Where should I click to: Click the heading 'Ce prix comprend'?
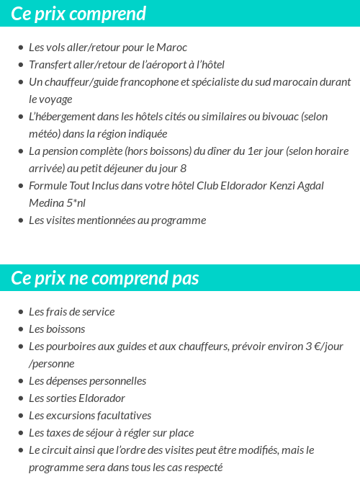[78, 14]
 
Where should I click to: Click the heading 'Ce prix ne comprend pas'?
[105, 278]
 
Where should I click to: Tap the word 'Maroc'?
[171, 48]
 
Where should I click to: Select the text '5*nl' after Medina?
[74, 203]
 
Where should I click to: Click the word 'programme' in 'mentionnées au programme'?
[181, 220]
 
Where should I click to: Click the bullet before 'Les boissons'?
[20, 329]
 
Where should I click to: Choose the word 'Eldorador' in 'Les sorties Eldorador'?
[102, 398]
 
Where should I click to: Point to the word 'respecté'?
[200, 468]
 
